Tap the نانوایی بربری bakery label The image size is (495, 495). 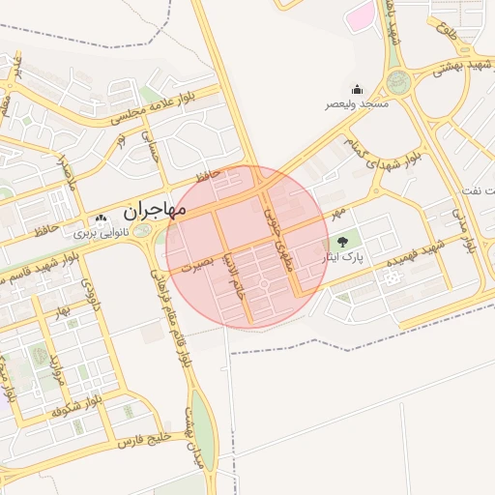(101, 233)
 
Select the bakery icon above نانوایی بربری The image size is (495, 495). (101, 219)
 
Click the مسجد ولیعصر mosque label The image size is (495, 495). (358, 103)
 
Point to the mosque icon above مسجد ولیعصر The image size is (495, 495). (357, 90)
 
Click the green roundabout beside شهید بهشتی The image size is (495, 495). (395, 81)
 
